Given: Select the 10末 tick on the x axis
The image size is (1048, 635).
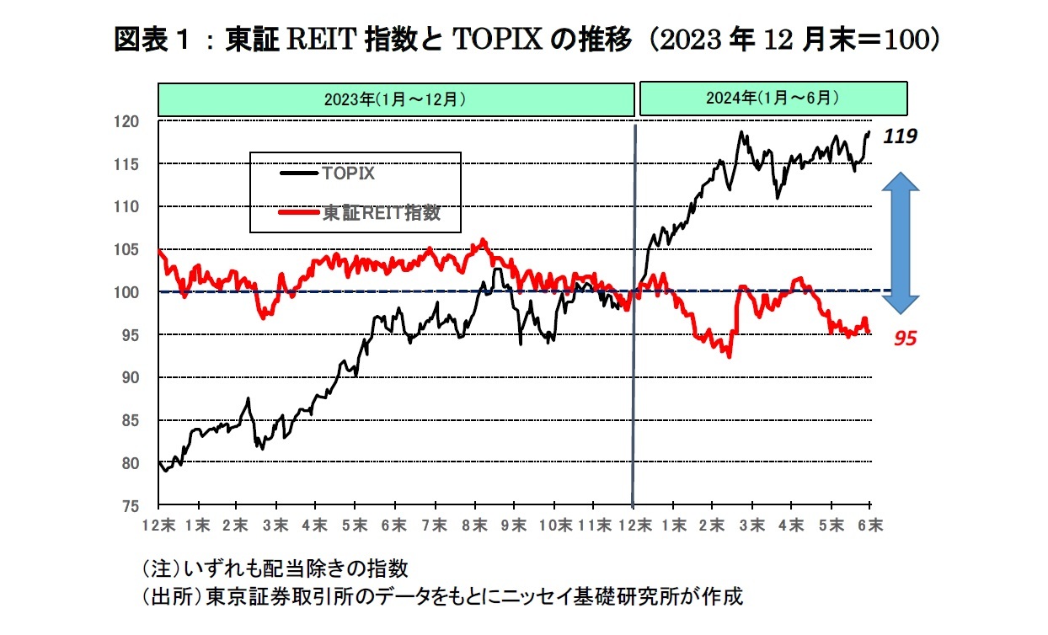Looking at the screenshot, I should [553, 525].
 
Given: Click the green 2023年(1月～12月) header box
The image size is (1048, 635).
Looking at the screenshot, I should [396, 99].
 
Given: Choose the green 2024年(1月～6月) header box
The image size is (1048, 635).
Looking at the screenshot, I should [773, 99].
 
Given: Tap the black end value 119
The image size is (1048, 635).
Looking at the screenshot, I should [899, 136].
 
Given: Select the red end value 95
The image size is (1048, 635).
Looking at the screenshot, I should [905, 339].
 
